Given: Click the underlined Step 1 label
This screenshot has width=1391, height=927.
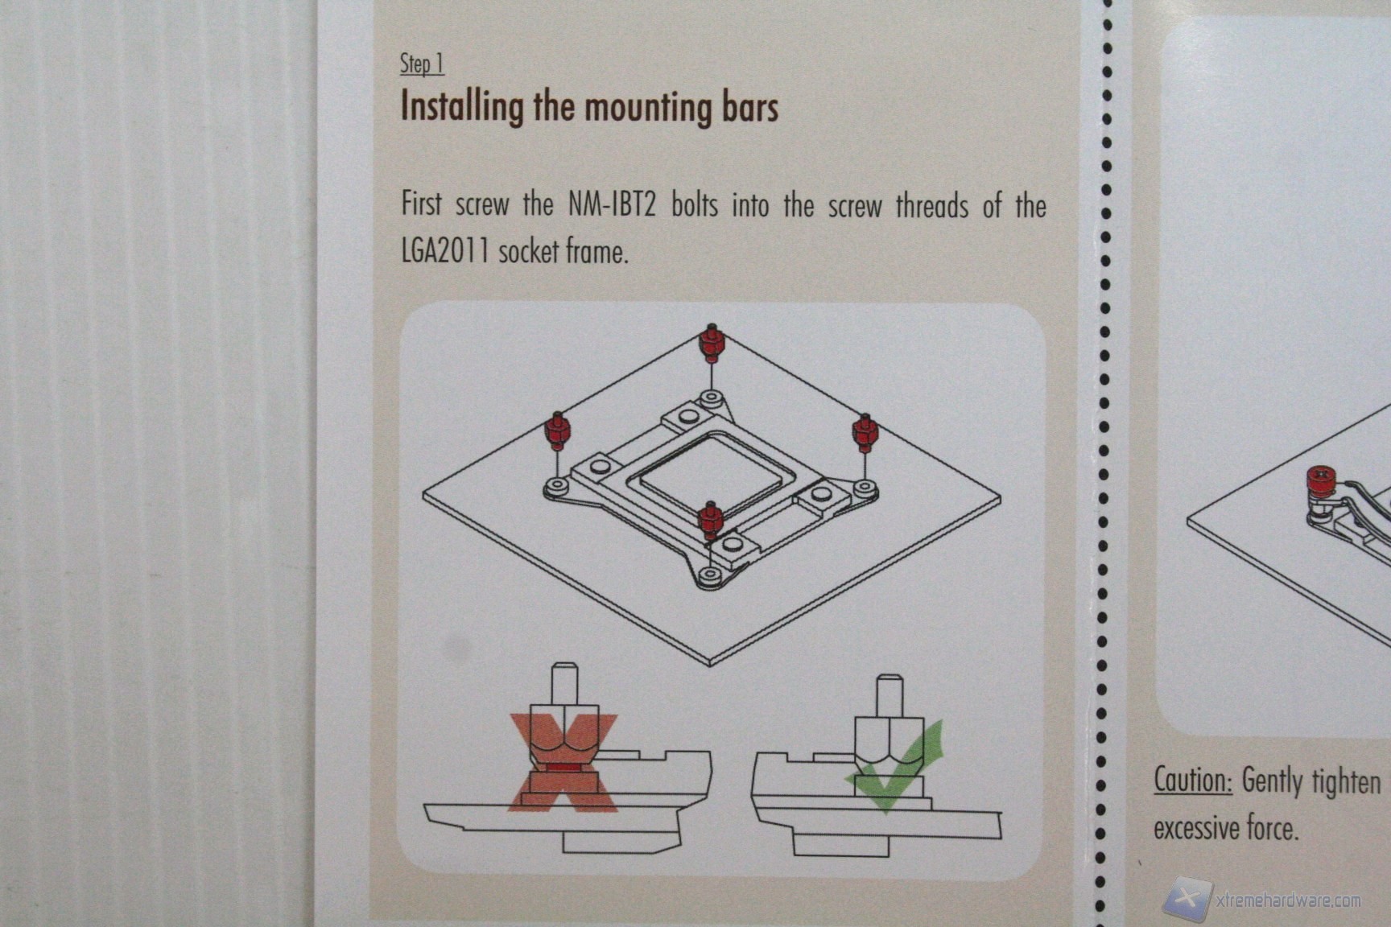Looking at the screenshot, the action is pos(422,64).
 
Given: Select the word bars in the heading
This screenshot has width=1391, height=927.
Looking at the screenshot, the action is pos(750,107).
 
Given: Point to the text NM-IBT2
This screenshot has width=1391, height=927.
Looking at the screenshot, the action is pos(612,205).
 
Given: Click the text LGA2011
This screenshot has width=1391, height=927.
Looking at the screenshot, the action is pos(445,250).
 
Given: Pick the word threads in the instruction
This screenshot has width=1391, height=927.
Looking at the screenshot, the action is pos(932,206).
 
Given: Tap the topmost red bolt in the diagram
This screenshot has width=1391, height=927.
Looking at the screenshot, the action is pos(710,344).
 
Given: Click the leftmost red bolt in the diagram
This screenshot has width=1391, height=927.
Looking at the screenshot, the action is pos(556,432).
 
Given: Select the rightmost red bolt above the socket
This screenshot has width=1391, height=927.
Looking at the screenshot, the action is pos(865,435).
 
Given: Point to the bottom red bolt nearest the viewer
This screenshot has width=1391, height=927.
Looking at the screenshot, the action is pos(710,521).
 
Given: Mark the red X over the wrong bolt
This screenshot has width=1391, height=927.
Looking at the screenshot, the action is pos(563,762).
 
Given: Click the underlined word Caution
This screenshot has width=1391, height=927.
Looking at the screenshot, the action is pos(1192,780).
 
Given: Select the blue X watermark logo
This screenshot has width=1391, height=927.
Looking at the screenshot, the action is pos(1188,898).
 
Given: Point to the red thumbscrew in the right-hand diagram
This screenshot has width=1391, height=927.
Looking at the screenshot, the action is pos(1320,483).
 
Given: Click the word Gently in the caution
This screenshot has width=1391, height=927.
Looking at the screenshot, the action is pos(1272,781).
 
